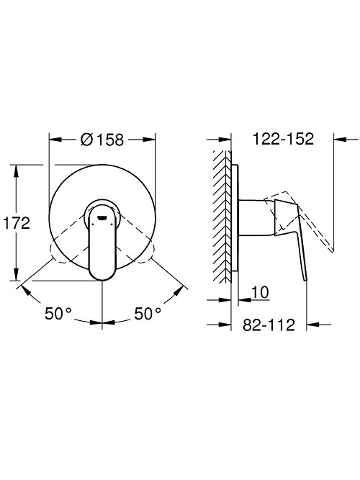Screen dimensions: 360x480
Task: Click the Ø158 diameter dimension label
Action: coord(102,140)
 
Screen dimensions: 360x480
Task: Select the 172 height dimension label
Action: coord(17,223)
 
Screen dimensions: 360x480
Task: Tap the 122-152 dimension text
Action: coord(283,139)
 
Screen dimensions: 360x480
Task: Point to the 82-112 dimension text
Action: coord(269,325)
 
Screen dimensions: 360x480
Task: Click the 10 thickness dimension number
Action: coord(260,292)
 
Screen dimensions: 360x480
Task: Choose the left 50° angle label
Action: coord(58,314)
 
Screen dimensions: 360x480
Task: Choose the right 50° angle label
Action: coord(148,314)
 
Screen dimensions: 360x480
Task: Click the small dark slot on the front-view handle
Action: coord(102,217)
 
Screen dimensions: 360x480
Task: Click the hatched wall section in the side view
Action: coord(222,217)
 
